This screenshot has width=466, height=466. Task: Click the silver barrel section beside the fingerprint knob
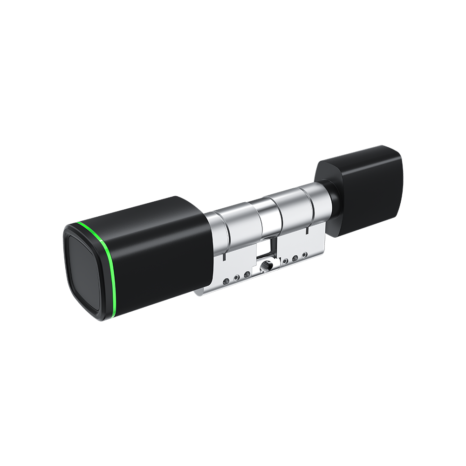pos(228,228)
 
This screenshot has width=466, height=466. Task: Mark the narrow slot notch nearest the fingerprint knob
pos(224,258)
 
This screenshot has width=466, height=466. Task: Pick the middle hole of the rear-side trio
pos(295,258)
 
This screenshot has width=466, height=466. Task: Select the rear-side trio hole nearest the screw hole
pos(286,260)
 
